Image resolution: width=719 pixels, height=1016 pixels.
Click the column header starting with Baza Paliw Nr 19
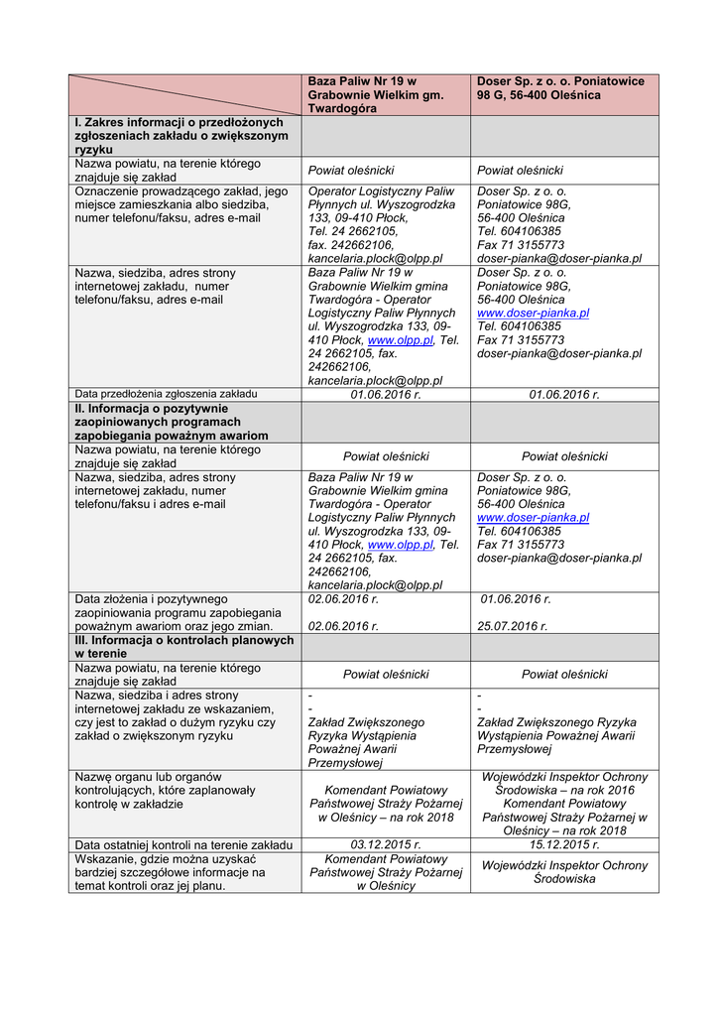[x=385, y=94]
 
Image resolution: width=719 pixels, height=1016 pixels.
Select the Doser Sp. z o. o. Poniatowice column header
[x=561, y=87]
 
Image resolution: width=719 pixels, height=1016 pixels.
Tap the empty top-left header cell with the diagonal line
[x=184, y=94]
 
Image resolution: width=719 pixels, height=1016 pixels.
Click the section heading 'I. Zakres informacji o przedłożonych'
[x=184, y=135]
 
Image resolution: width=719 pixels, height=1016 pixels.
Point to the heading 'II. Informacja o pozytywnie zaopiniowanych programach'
[x=184, y=422]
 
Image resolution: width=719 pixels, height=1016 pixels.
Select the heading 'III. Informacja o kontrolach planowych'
[x=184, y=647]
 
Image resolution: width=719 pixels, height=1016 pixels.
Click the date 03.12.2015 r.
[x=386, y=844]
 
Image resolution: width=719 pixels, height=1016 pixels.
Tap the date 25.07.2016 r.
[x=513, y=626]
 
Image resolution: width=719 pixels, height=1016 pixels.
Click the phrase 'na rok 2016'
[x=600, y=790]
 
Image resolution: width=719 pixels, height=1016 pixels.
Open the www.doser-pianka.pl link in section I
[x=533, y=313]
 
